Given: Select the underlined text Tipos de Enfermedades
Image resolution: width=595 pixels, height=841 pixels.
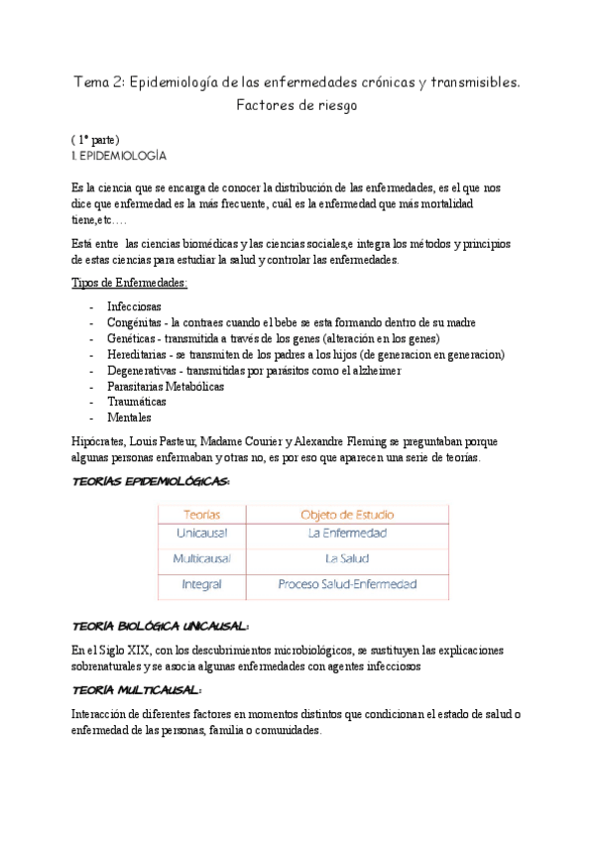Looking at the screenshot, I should pyautogui.click(x=130, y=284).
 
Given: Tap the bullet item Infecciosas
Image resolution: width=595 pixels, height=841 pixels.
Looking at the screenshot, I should pyautogui.click(x=134, y=307).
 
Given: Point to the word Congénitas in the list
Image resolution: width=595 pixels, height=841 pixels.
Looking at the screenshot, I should pyautogui.click(x=134, y=323).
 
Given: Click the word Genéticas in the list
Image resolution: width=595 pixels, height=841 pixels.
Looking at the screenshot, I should pyautogui.click(x=131, y=339).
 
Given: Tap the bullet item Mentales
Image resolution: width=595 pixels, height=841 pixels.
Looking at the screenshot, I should pyautogui.click(x=129, y=418).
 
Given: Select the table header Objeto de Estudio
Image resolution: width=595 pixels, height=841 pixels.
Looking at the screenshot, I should pyautogui.click(x=347, y=515).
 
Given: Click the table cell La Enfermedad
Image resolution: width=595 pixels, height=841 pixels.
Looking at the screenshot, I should pyautogui.click(x=347, y=534).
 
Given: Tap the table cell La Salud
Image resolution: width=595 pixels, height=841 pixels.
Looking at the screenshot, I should pyautogui.click(x=347, y=559).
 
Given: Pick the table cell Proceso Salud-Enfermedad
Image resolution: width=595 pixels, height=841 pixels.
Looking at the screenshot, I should pyautogui.click(x=347, y=585).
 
